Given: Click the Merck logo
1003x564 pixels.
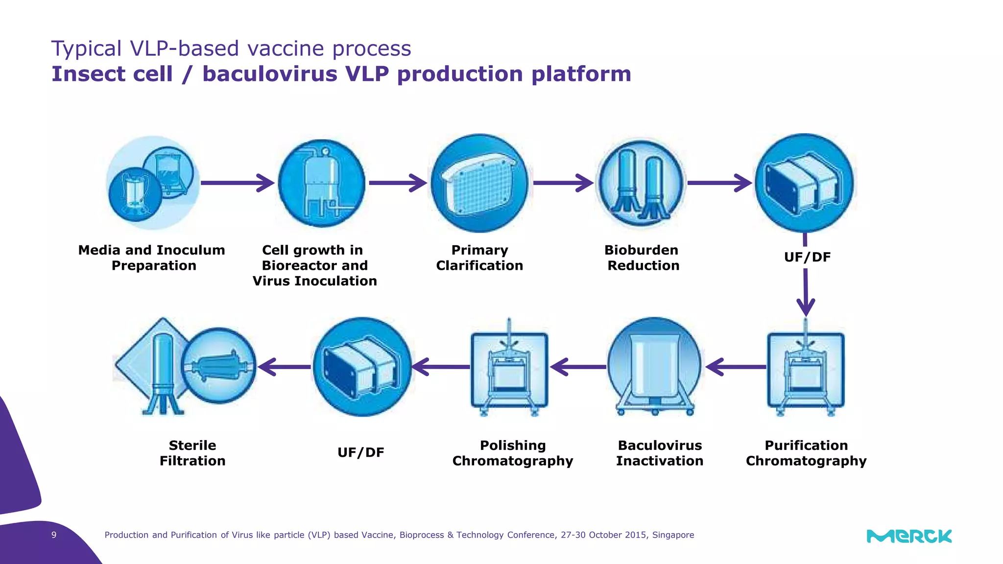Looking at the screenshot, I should click(909, 536).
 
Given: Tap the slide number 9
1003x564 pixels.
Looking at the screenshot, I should click(54, 535).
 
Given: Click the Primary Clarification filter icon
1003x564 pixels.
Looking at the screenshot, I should click(479, 183).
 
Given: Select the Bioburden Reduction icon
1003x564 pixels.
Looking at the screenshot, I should click(640, 184).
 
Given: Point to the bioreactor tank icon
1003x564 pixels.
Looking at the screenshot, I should click(322, 184).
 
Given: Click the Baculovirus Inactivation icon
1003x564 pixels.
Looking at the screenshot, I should click(655, 366).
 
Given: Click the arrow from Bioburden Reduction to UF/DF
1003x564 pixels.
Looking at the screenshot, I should click(718, 183).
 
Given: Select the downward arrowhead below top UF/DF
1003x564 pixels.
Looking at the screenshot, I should click(806, 307).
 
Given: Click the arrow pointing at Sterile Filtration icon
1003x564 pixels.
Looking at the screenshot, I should click(284, 366).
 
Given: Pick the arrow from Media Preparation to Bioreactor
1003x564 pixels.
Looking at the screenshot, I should click(238, 183).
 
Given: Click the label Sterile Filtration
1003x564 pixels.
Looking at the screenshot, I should click(192, 453).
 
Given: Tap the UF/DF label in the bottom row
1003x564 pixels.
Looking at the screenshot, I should click(361, 452).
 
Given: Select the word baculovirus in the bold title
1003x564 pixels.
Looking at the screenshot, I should click(270, 74).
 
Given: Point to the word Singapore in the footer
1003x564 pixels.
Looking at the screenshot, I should click(673, 535).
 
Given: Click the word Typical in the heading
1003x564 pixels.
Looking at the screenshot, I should click(86, 48).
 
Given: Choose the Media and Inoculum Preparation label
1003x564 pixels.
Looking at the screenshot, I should click(152, 258).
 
